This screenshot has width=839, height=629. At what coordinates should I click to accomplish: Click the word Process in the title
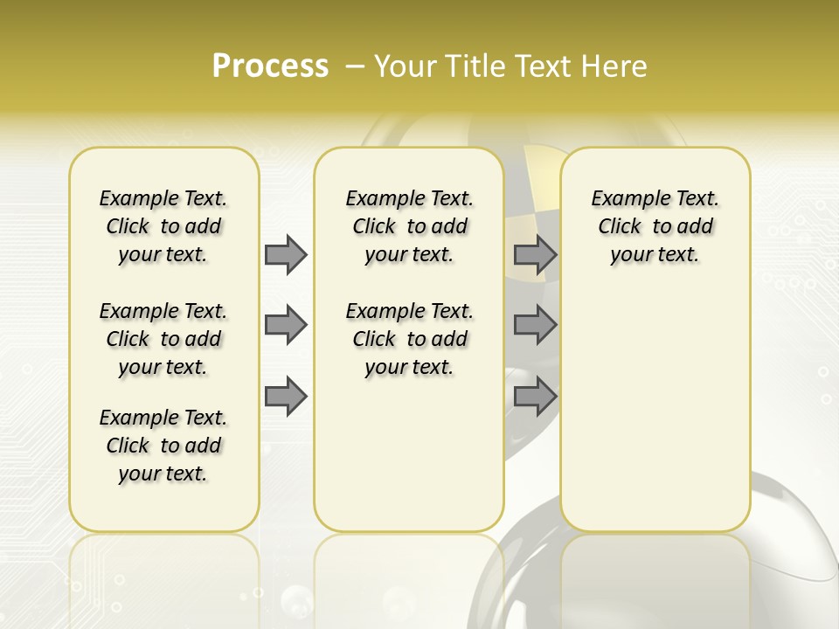click(270, 66)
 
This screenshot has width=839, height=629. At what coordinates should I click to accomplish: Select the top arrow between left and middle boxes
click(286, 254)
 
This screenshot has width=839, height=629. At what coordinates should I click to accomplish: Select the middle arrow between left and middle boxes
click(286, 325)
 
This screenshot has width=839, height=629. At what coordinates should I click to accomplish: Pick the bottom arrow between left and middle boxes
click(286, 397)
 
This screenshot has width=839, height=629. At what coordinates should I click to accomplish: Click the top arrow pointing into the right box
click(535, 254)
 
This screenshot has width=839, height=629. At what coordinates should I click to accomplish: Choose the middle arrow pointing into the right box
click(535, 325)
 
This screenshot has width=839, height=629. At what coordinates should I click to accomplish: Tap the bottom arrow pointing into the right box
click(535, 397)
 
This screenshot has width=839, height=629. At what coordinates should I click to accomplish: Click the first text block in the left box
click(163, 226)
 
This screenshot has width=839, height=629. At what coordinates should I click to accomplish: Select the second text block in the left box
click(163, 339)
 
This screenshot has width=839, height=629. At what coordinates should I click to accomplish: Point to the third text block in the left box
click(163, 446)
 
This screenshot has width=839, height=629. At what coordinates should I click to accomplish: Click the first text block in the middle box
click(409, 226)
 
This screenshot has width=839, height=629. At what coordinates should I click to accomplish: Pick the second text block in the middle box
click(409, 339)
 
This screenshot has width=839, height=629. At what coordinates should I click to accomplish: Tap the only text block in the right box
click(655, 226)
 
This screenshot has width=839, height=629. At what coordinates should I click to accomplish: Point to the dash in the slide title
click(355, 66)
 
